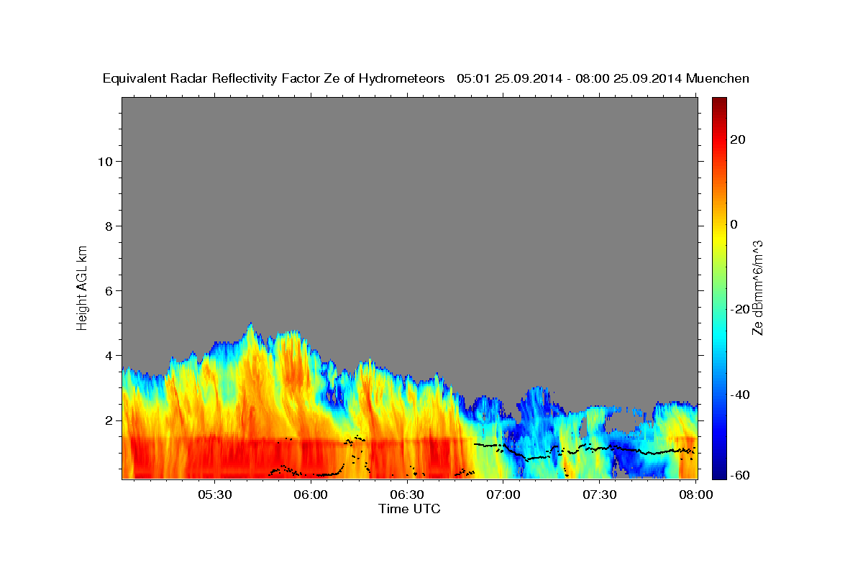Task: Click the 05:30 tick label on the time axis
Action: [214, 495]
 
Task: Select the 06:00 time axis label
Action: [311, 495]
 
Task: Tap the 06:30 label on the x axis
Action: [407, 495]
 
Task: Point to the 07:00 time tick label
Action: [503, 495]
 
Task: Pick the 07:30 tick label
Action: [600, 495]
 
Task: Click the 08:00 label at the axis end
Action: [696, 495]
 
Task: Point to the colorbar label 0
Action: [734, 224]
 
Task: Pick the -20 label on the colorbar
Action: [741, 309]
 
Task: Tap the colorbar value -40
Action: [741, 394]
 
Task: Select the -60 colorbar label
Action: [741, 476]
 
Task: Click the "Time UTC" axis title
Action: [409, 509]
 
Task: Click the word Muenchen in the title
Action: [718, 78]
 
